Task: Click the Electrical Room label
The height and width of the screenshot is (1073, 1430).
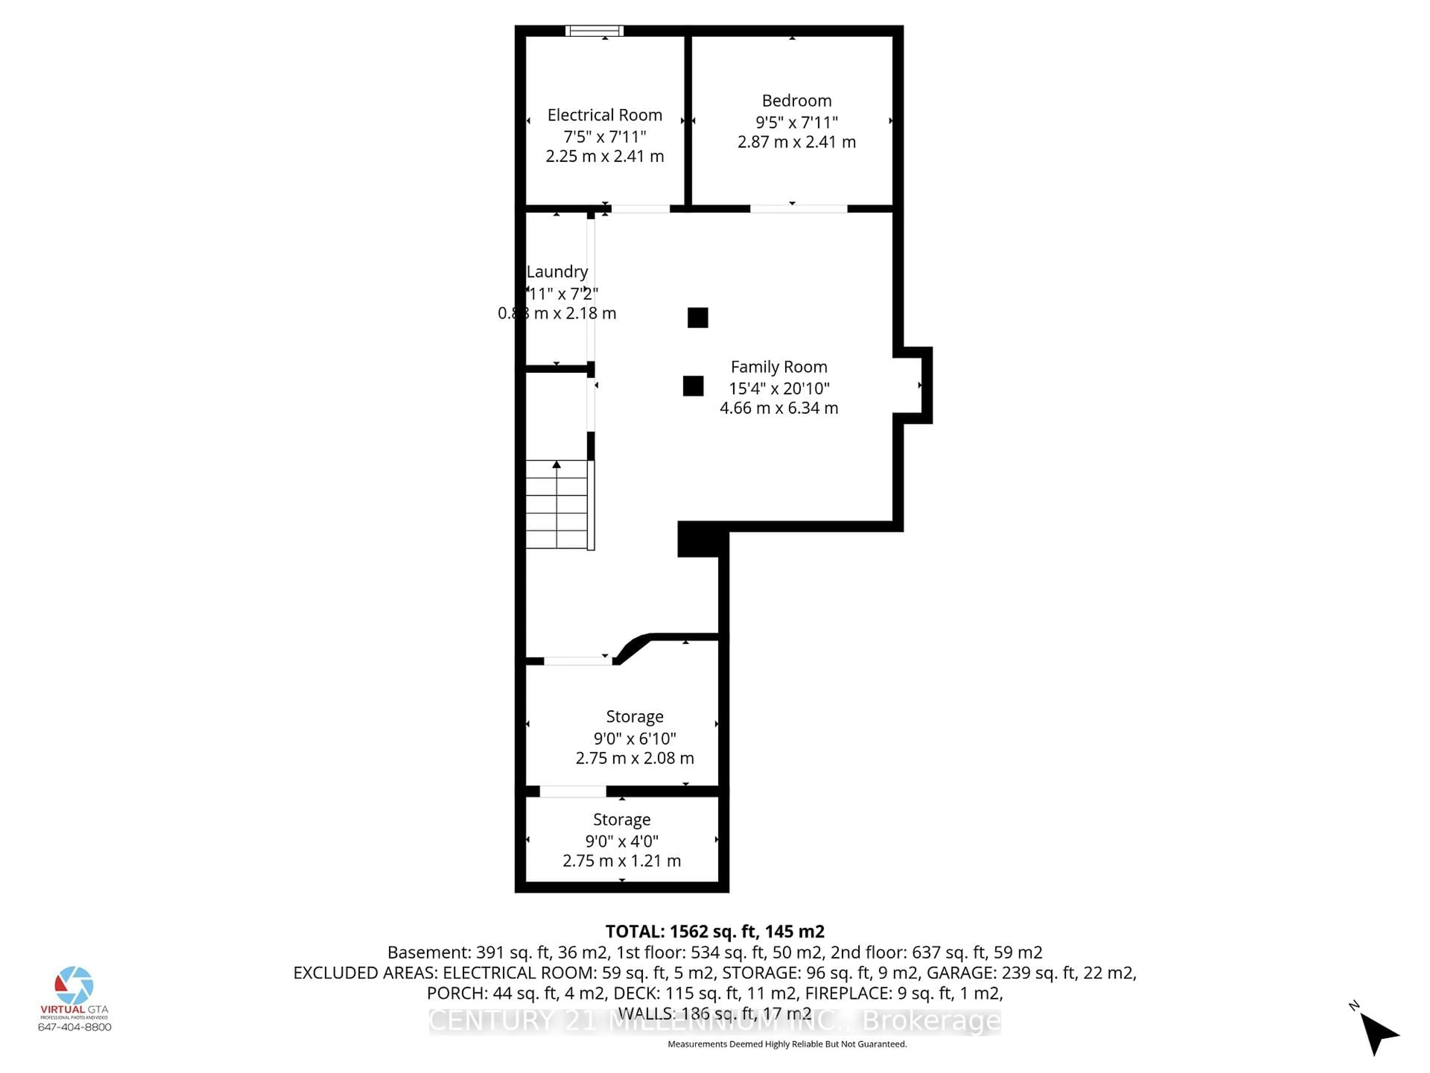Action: click(x=604, y=115)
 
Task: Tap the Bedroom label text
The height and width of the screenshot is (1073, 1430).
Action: click(x=797, y=101)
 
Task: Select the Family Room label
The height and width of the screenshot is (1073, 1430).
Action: click(x=778, y=367)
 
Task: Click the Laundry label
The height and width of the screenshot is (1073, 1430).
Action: click(x=557, y=272)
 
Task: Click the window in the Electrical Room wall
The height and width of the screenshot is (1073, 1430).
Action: click(x=594, y=31)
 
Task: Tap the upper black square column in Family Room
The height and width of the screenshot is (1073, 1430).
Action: click(x=697, y=317)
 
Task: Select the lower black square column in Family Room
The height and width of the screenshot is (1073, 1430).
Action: click(x=693, y=386)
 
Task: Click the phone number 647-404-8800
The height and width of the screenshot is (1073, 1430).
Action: click(x=74, y=1027)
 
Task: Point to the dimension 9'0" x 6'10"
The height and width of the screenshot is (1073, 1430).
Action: click(x=635, y=738)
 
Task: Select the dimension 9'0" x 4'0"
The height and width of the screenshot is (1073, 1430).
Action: click(x=622, y=841)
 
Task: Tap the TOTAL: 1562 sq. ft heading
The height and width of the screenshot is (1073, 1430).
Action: click(x=714, y=931)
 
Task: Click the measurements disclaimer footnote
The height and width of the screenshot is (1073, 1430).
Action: click(x=787, y=1044)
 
